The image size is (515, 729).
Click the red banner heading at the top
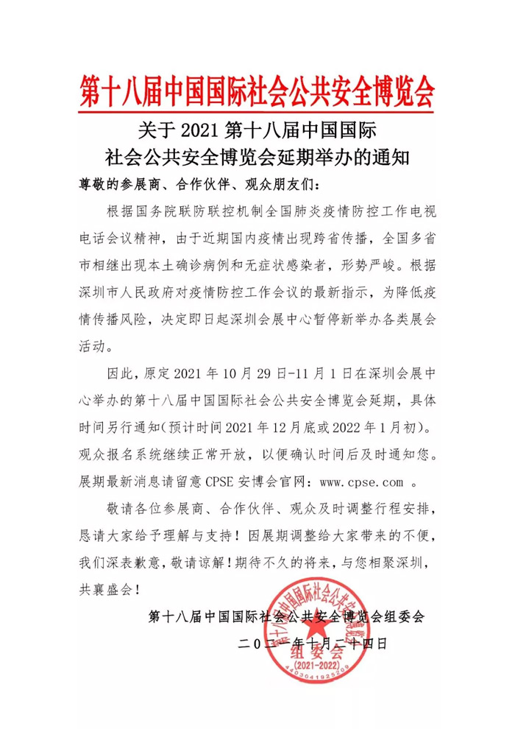coord(257,91)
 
